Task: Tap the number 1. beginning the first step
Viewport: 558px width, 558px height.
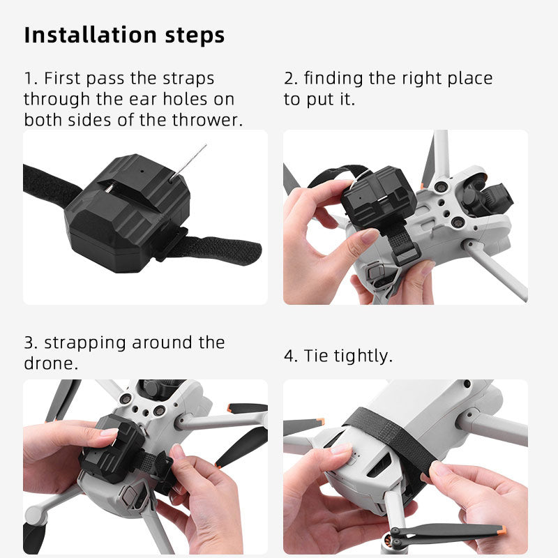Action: click(x=31, y=78)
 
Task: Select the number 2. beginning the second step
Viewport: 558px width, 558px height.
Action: click(x=291, y=78)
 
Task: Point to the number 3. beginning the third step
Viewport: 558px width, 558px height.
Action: click(x=31, y=342)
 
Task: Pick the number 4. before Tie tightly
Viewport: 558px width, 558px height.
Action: click(x=291, y=356)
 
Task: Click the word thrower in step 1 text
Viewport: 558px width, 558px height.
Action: click(x=206, y=119)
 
